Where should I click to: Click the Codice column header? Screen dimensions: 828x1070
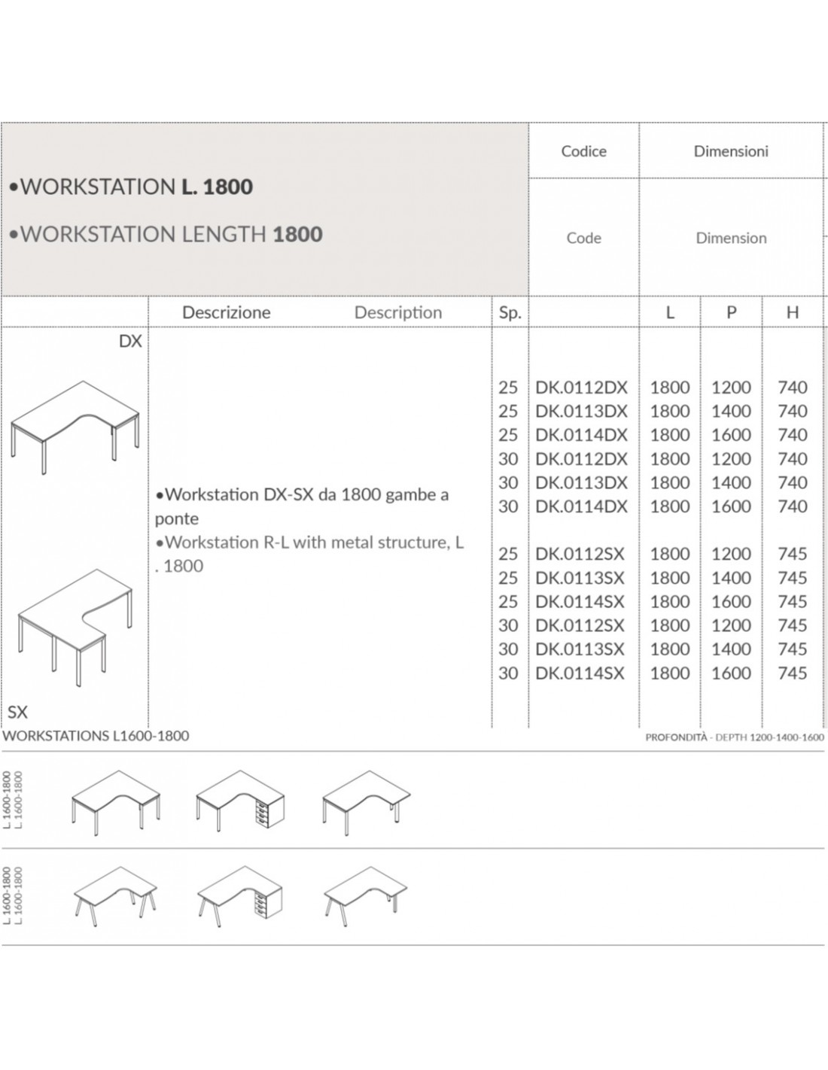tap(583, 151)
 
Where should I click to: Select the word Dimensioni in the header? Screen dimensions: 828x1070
tap(731, 151)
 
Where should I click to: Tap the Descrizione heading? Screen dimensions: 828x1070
tap(226, 312)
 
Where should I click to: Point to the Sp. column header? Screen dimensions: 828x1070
tap(510, 313)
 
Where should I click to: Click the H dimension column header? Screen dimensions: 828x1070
tap(792, 312)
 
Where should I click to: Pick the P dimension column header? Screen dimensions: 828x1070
tap(731, 312)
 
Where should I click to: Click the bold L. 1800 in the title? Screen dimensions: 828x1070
tap(218, 187)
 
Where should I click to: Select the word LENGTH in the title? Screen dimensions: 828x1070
tap(224, 234)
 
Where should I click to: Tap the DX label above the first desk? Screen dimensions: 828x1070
tap(130, 341)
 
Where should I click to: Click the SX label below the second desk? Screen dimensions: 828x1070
tap(18, 712)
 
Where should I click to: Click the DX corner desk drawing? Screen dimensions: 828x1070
tap(75, 427)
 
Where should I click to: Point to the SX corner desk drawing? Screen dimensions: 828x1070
tap(75, 628)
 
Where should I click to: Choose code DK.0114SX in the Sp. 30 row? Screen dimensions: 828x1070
tap(580, 673)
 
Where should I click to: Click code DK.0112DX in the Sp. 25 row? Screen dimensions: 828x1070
tap(581, 388)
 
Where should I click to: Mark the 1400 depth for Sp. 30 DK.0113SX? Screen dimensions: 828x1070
tap(731, 649)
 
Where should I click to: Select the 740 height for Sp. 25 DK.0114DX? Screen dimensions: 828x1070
tap(793, 435)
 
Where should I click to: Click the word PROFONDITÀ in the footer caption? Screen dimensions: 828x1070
tap(676, 737)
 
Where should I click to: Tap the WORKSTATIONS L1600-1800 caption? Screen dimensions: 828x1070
tap(96, 736)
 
